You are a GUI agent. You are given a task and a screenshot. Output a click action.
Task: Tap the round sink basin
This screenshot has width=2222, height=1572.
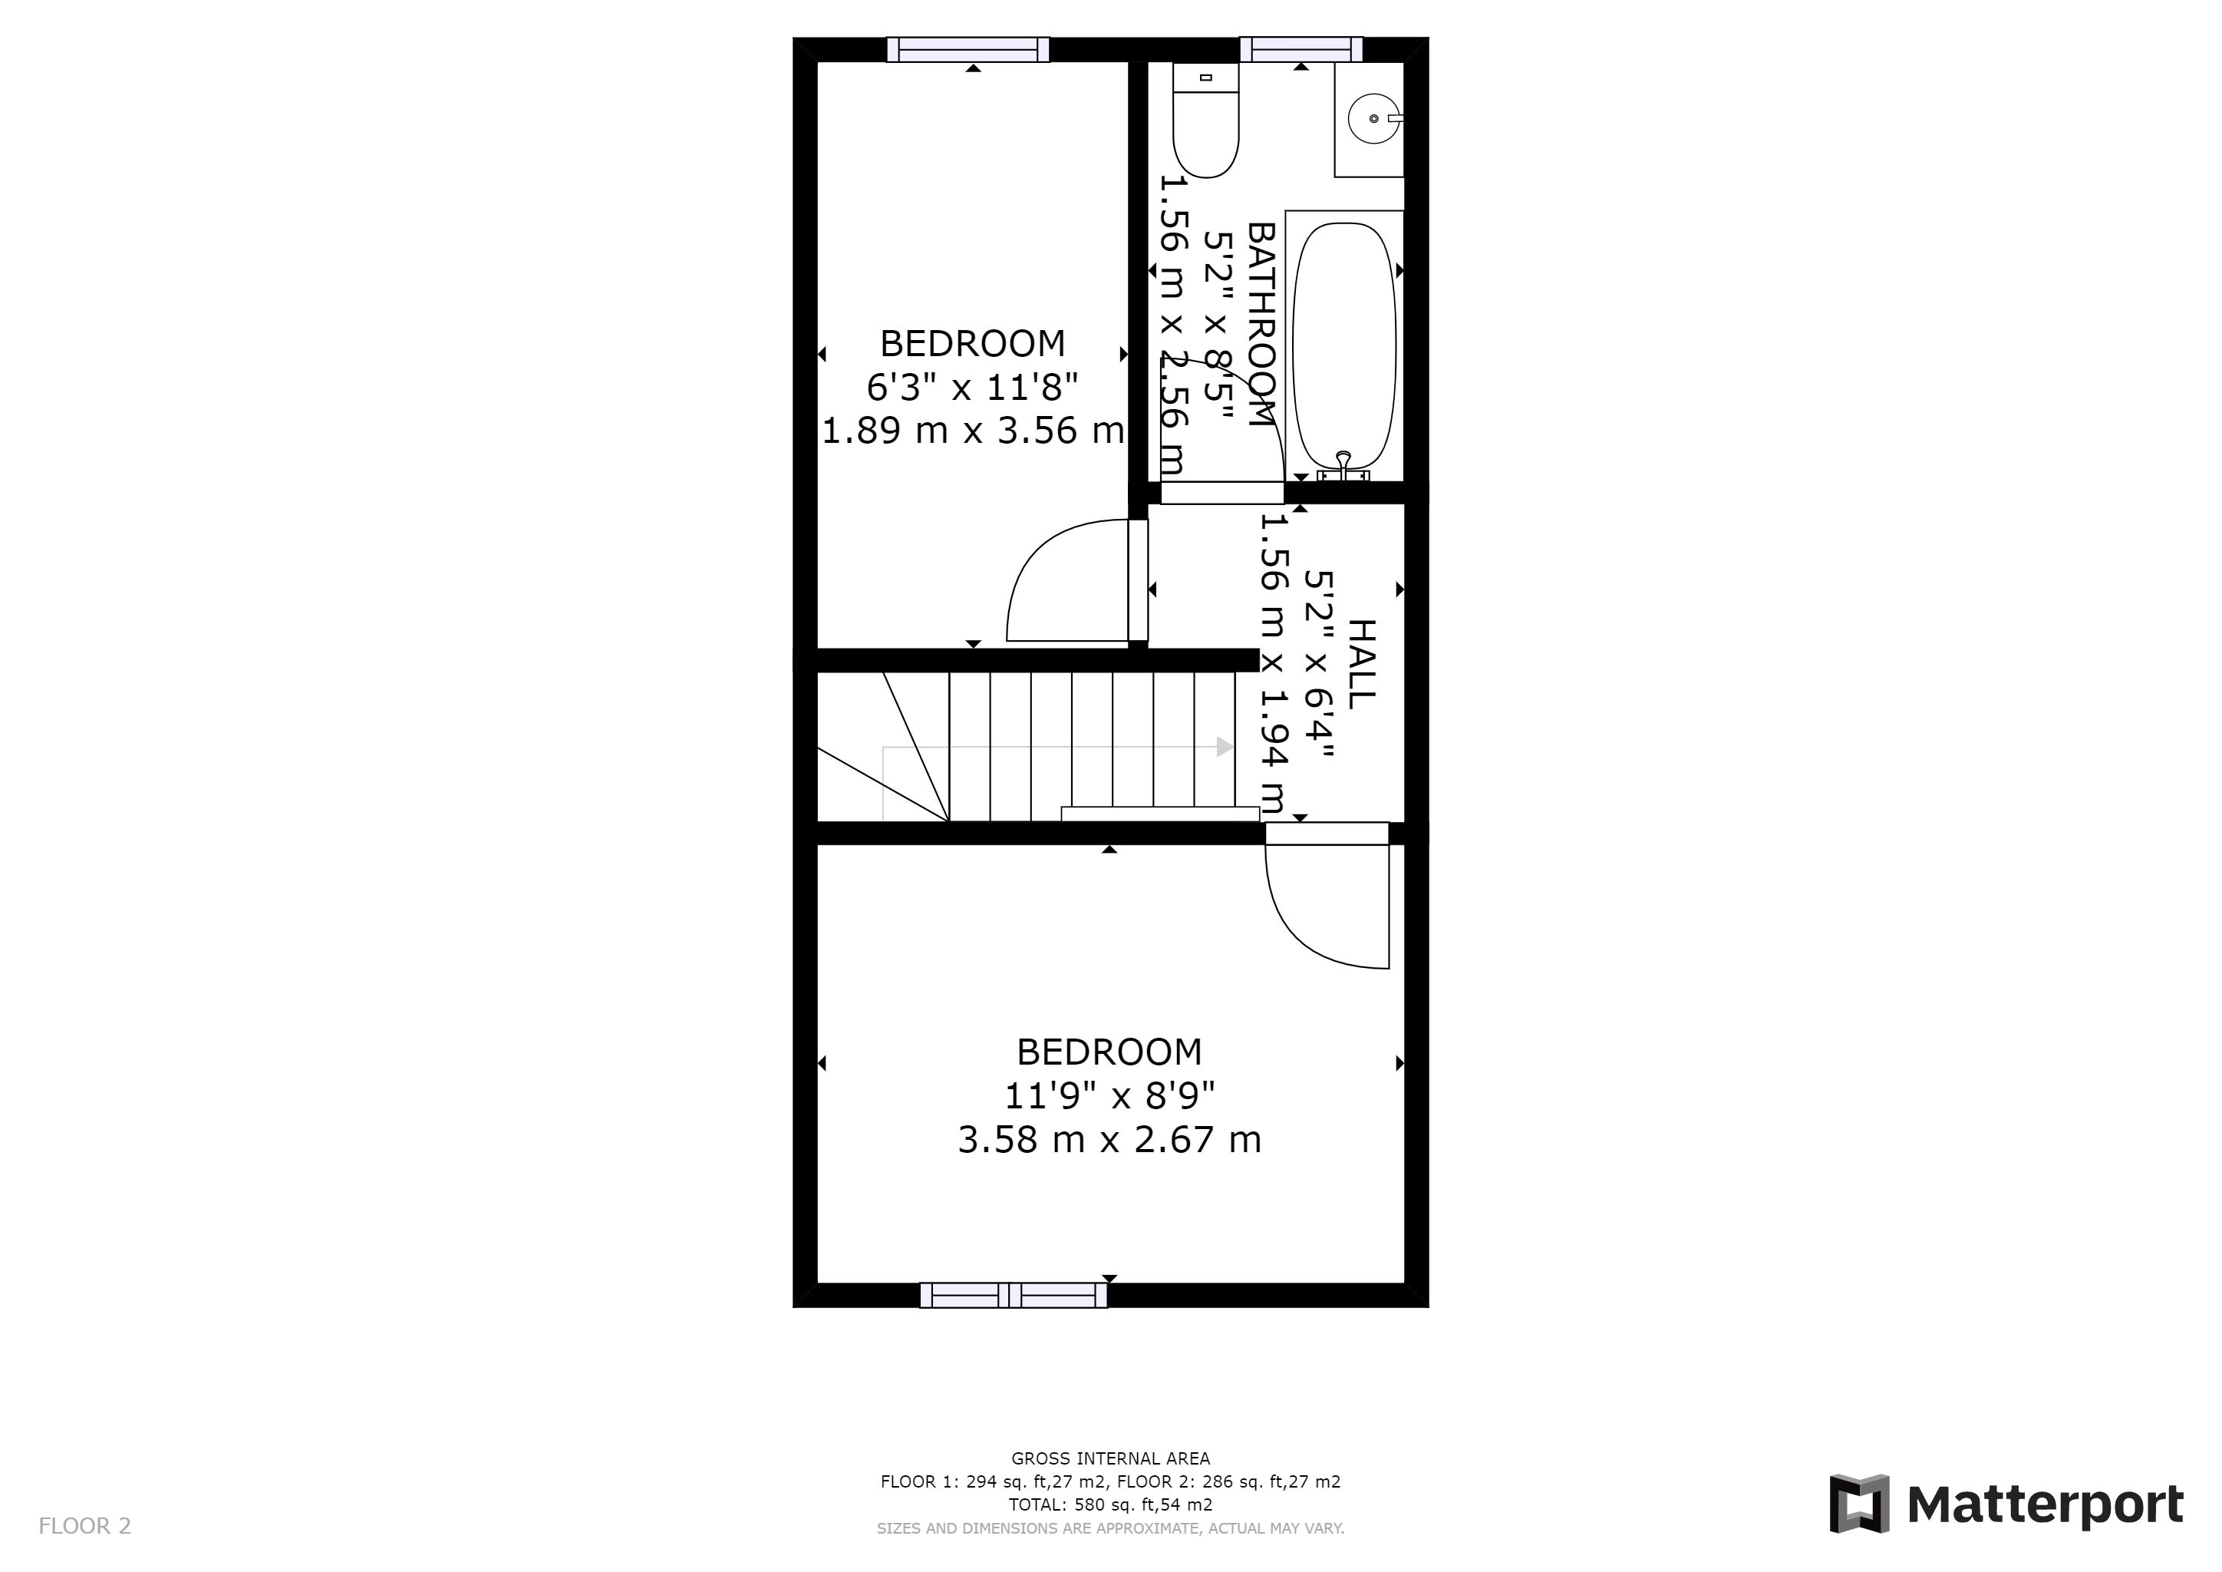coord(1374,118)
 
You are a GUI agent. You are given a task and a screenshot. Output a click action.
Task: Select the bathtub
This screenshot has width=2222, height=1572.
coord(1345,345)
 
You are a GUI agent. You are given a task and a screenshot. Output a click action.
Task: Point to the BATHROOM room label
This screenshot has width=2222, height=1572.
coord(1261,324)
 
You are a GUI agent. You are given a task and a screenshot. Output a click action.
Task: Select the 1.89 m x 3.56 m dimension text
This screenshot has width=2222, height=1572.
coord(973,430)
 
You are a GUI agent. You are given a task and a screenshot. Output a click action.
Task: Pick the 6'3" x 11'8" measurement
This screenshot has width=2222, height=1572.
coord(973,387)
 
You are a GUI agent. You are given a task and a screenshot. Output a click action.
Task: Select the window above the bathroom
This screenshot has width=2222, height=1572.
coord(1301,49)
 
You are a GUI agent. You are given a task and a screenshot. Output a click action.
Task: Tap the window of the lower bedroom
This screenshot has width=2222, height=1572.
coord(1014,1295)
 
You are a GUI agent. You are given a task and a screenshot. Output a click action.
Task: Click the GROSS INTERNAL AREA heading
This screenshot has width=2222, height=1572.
coord(1110,1458)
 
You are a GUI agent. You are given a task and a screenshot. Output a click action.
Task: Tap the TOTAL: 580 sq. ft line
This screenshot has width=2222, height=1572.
coord(1110,1505)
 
